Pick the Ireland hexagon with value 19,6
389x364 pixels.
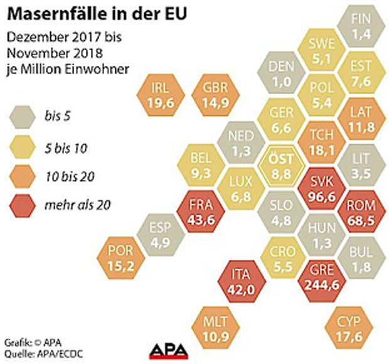tap(155, 94)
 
